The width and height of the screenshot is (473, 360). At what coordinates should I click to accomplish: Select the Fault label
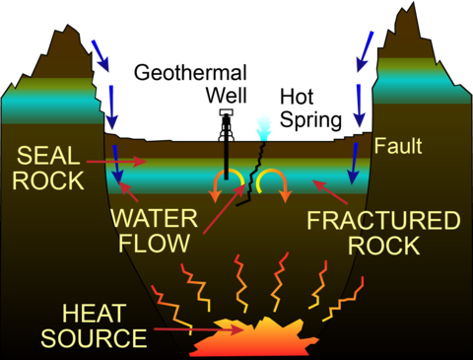click(398, 148)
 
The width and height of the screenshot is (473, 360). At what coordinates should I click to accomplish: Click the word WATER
click(151, 218)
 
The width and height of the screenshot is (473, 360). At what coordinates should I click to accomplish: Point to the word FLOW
click(152, 242)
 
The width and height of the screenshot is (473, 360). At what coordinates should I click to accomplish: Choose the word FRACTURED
click(382, 220)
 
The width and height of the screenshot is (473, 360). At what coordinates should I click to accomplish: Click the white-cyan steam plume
click(263, 124)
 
